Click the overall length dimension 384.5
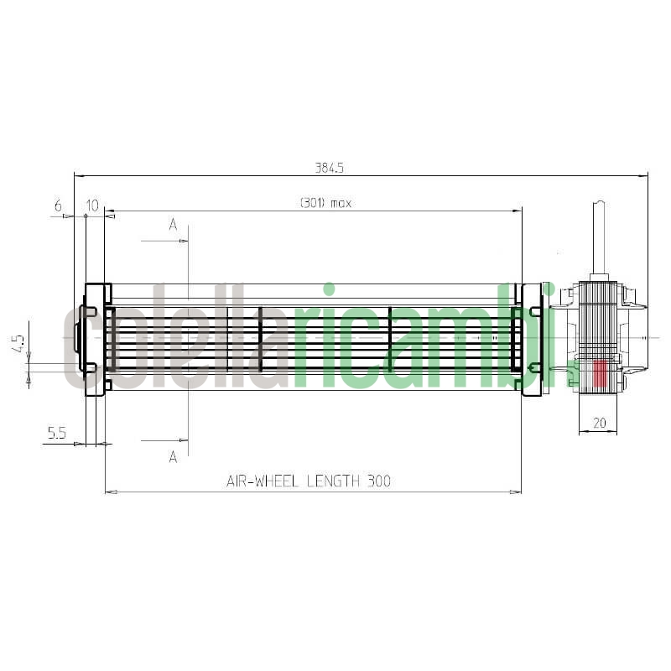point(330,168)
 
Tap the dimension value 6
point(58,205)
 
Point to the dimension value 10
point(92,205)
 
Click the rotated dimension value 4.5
point(18,345)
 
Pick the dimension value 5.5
point(57,433)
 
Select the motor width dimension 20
point(599,424)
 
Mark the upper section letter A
point(174,224)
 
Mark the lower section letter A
point(174,457)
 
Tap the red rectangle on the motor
point(600,373)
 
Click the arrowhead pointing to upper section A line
point(184,242)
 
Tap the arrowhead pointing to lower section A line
point(184,440)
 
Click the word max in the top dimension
point(341,203)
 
